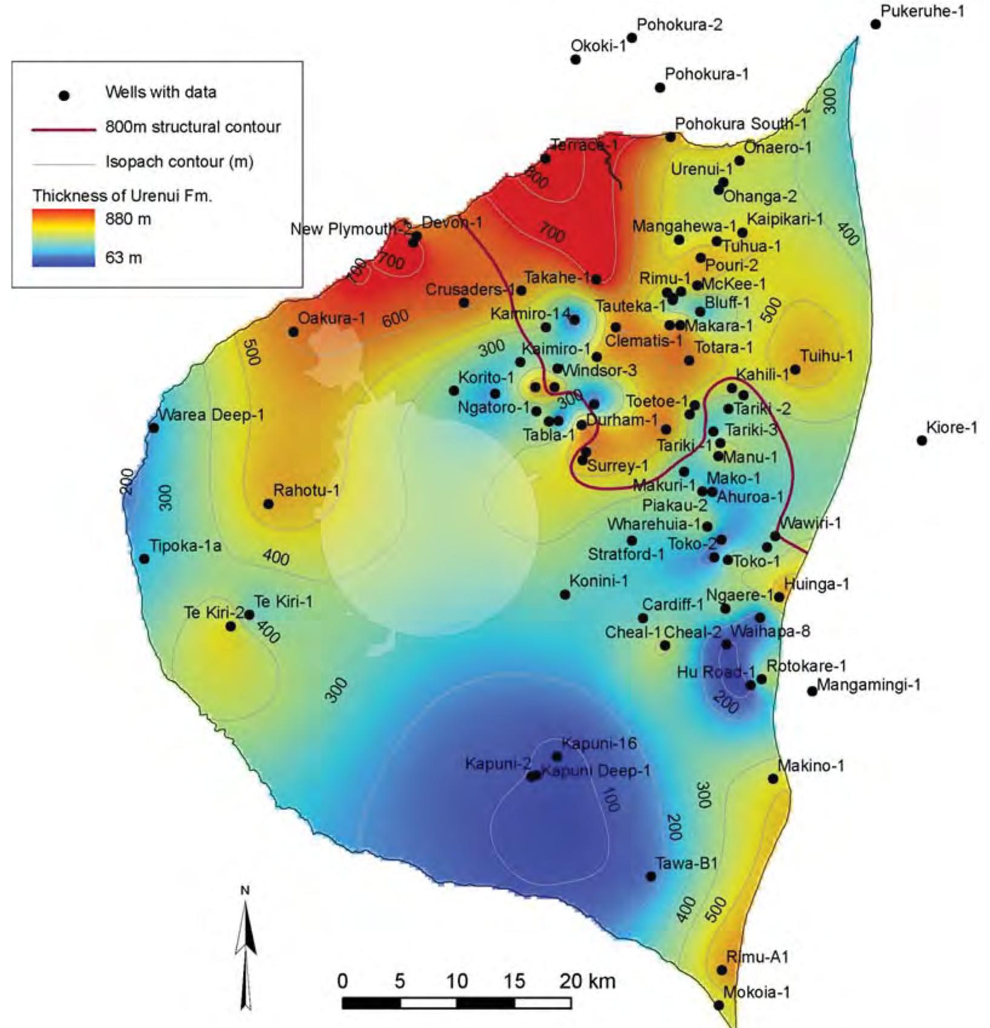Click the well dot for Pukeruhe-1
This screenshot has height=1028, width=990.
[875, 24]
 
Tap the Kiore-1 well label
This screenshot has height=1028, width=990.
[951, 428]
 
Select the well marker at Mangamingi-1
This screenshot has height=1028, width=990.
[812, 691]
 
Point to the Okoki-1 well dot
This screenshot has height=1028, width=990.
[576, 59]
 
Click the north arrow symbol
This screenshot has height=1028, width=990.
[245, 948]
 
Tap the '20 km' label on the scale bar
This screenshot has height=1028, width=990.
[587, 981]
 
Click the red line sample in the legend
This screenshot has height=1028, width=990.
[64, 129]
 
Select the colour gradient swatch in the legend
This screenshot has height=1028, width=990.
[64, 237]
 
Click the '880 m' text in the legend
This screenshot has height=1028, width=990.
[128, 219]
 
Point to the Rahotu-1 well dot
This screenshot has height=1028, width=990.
[268, 504]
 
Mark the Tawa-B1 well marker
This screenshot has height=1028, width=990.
[651, 877]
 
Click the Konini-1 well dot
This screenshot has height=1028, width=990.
[565, 595]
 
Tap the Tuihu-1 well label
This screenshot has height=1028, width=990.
[826, 356]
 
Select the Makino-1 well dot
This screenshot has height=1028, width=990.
[773, 778]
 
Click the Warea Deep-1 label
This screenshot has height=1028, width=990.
[211, 415]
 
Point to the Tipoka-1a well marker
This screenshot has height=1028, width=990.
[144, 559]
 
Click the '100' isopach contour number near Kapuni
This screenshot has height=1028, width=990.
[611, 799]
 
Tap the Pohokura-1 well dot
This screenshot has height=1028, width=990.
[660, 88]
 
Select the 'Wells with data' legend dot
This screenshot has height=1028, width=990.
[64, 96]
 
